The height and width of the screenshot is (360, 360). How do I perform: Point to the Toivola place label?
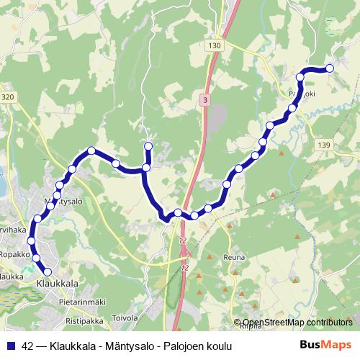[125, 315]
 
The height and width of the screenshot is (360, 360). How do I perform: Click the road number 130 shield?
[213, 45]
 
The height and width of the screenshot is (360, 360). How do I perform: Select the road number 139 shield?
[323, 145]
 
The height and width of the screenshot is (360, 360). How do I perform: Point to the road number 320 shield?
[8, 96]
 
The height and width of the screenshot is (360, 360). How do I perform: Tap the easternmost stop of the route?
[330, 68]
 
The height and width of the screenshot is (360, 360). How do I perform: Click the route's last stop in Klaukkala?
[48, 271]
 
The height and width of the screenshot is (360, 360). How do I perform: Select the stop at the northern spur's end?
[148, 147]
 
